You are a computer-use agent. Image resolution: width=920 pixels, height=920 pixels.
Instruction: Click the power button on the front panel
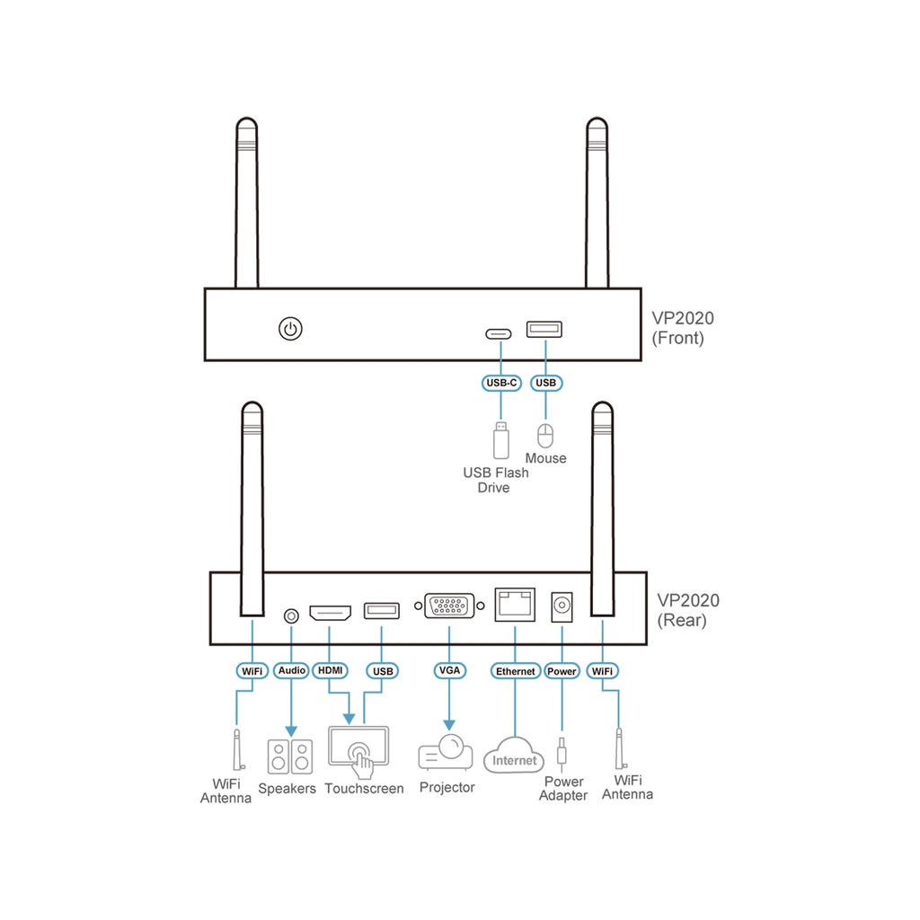pos(289,329)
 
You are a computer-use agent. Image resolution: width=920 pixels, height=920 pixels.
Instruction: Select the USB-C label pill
pos(501,384)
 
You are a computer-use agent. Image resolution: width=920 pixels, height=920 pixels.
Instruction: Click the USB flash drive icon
pos(500,440)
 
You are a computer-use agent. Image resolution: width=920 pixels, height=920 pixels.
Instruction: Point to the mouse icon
pos(544,436)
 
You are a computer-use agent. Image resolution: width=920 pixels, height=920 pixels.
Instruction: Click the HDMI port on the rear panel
pos(331,615)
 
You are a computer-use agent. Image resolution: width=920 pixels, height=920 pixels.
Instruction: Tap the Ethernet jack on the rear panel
pos(515,605)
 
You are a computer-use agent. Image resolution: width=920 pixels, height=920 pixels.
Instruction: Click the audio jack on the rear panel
pos(291,615)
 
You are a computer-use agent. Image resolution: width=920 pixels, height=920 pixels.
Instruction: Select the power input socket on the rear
pos(562,606)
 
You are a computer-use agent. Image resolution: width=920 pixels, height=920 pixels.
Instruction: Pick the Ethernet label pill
pos(516,671)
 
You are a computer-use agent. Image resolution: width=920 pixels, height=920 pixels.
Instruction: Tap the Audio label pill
pos(292,670)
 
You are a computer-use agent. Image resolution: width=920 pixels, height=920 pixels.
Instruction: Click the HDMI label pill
pos(331,670)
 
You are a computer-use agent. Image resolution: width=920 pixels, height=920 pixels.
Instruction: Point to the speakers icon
pos(290,757)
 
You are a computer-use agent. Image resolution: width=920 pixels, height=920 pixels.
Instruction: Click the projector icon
pos(446,752)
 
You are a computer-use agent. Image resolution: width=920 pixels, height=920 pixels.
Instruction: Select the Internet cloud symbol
pos(514,757)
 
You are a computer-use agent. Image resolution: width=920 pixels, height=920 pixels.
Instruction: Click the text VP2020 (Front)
pos(684,328)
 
